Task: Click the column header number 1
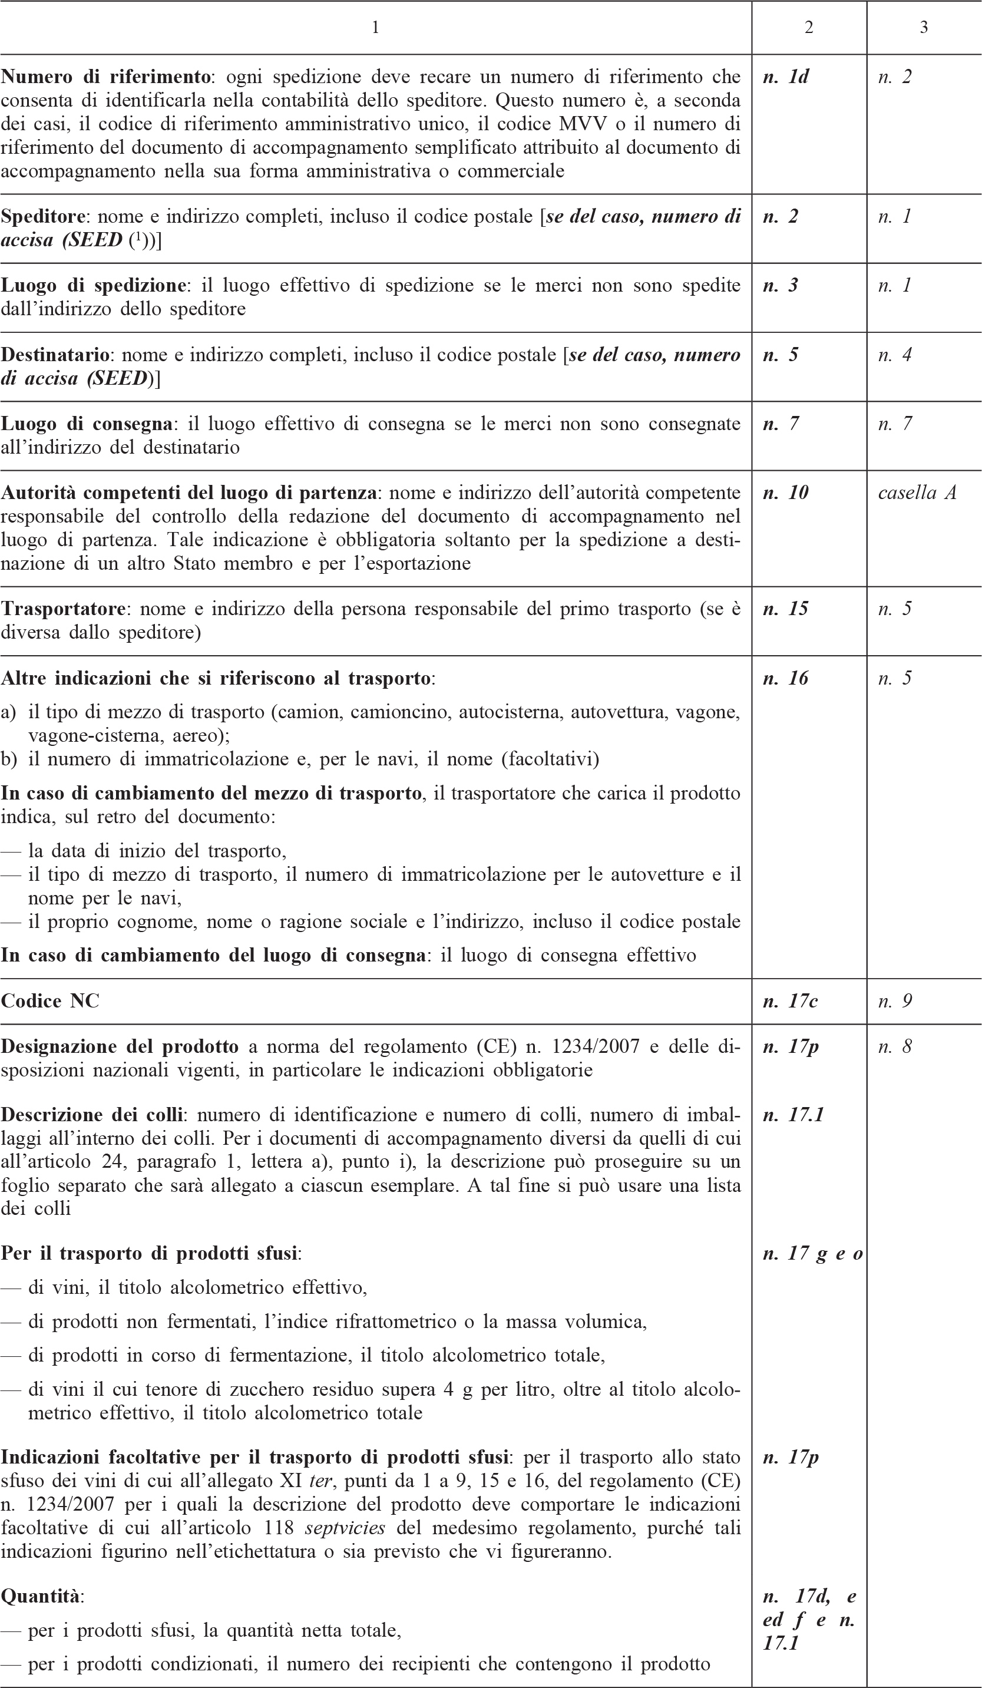tap(375, 28)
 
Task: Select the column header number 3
tap(923, 28)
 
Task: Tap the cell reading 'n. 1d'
tap(785, 77)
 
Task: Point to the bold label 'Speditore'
tap(43, 217)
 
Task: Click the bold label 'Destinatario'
tap(55, 355)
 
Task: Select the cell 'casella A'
tap(917, 493)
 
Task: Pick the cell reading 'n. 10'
tap(785, 493)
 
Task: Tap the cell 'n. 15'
tap(785, 609)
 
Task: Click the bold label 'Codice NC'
tap(50, 1001)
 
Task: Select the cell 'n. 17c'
tap(791, 1001)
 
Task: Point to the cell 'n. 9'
tap(895, 1001)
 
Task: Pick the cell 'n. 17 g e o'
tap(812, 1254)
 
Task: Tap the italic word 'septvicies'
tap(344, 1528)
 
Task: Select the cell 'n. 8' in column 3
tap(895, 1046)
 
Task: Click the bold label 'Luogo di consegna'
tap(87, 424)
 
